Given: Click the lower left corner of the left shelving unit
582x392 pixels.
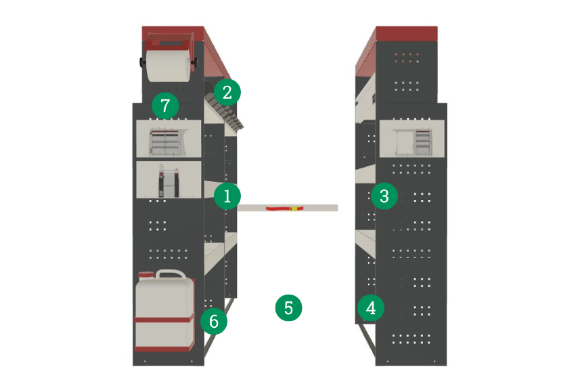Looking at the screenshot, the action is pos(133,365).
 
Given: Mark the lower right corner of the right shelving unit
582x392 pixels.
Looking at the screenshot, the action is pos(447,365).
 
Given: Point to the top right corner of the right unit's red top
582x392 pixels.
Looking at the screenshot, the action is pos(437,26).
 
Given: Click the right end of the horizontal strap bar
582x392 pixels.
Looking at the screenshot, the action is pos(338,207).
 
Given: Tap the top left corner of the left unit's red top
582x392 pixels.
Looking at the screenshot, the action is pos(142,26).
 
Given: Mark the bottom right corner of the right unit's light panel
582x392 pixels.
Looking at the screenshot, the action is pos(445,157).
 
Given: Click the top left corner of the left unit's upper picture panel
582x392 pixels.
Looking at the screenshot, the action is pos(137,120).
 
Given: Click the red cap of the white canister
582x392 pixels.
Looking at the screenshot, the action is pos(146,275).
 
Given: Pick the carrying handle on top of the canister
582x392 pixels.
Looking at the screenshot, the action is pos(171,274).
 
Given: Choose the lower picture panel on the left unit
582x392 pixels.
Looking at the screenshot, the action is pos(169,180).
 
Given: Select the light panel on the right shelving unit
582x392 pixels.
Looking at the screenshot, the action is pos(412,139).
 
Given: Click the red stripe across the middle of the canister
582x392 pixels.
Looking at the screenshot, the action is pos(164,319).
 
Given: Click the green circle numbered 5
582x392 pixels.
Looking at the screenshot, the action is pos(288,308).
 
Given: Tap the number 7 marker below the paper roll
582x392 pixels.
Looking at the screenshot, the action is pos(165,105).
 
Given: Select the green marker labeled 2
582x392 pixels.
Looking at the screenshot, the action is pos(227,92).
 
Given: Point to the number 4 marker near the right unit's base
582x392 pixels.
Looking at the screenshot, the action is pos(371,308).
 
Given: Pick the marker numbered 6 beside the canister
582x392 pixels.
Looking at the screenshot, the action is pos(214,321).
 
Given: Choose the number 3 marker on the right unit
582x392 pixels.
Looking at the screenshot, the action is pos(384,196).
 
